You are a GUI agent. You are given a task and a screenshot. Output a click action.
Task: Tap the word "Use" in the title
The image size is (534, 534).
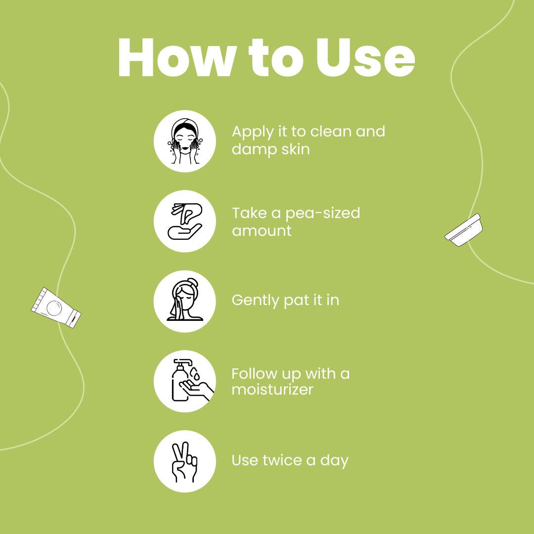365,57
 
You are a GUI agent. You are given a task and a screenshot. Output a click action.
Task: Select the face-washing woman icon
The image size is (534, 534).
185,141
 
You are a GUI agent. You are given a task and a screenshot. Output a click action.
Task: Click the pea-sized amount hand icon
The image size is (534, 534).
185,221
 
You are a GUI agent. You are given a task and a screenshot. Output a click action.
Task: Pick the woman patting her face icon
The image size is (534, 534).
185,301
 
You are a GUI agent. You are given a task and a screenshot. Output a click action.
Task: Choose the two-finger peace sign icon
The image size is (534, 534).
184,462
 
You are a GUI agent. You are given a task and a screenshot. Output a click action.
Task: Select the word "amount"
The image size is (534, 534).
262,231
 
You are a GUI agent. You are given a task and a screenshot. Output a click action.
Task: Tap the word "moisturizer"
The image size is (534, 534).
272,389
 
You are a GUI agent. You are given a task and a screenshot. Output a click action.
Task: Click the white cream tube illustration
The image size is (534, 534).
56,308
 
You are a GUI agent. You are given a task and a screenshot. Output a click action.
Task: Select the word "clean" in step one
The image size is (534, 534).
330,131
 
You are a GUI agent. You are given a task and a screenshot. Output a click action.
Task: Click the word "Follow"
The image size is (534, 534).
255,374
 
